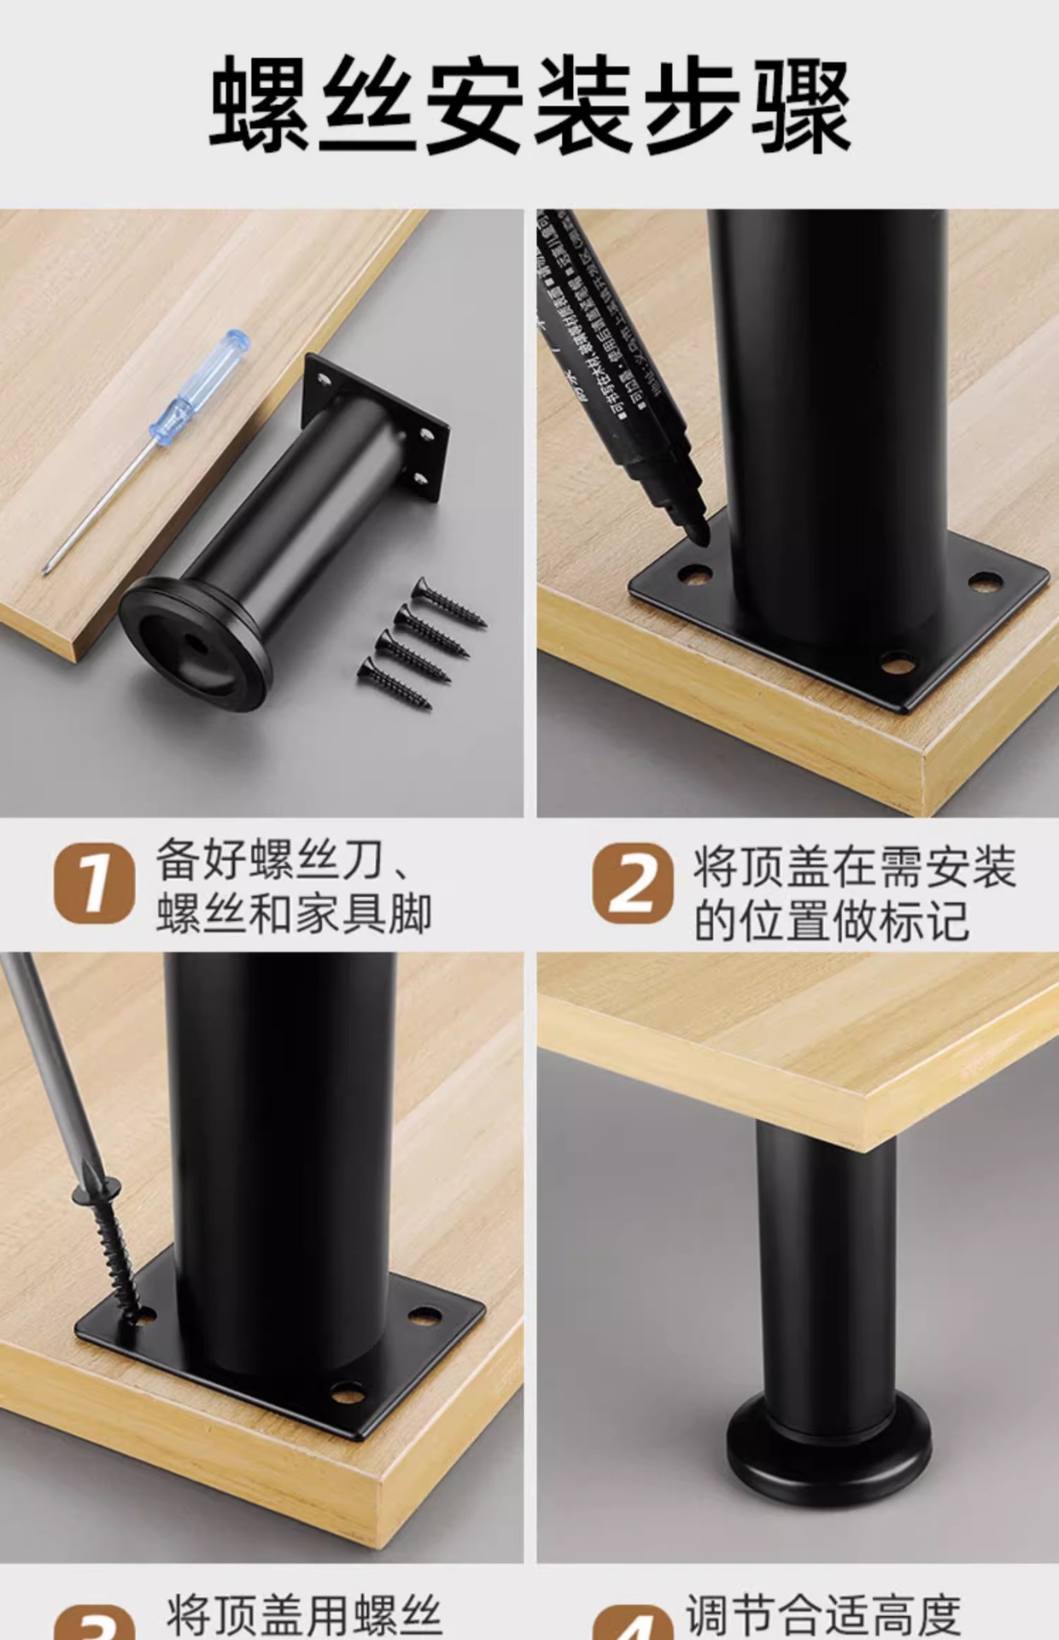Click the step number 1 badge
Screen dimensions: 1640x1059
pyautogui.click(x=94, y=883)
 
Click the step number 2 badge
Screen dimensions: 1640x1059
pyautogui.click(x=633, y=883)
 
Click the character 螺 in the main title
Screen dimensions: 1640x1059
pyautogui.click(x=260, y=104)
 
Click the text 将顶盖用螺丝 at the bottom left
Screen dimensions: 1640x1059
pyautogui.click(x=304, y=1614)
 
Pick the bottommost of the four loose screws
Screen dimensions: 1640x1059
pyautogui.click(x=394, y=683)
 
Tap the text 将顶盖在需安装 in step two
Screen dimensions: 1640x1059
pyautogui.click(x=854, y=867)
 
